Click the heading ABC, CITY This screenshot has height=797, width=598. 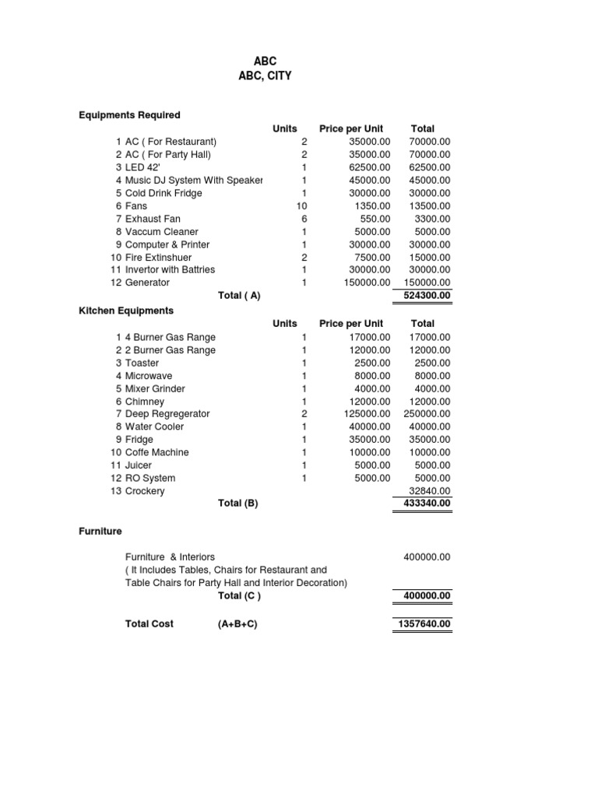266,76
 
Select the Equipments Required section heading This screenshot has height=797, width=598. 129,115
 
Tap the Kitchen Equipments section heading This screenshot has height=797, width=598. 126,310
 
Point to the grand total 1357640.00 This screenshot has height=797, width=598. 423,624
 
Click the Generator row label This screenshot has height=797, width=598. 147,283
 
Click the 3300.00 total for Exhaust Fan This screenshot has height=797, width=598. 432,219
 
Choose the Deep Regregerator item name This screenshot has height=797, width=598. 167,414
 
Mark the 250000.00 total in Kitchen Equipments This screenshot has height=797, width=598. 427,414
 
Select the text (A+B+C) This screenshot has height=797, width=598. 237,624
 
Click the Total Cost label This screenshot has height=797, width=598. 149,624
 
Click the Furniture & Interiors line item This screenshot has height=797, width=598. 170,557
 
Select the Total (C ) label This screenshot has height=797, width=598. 239,596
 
